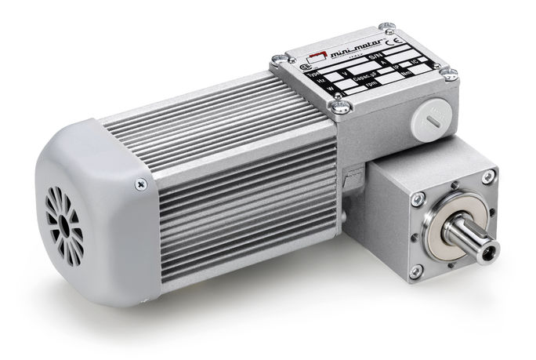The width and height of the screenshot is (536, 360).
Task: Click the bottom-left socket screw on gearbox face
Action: pos(415,271)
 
